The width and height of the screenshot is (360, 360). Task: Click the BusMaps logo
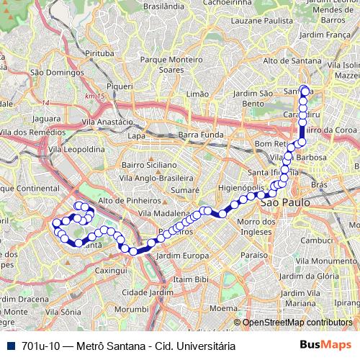coord(326,345)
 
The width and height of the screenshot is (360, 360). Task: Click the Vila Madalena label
coord(163,214)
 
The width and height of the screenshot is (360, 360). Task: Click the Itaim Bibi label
coord(192,279)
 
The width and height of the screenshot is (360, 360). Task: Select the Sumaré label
coord(184,190)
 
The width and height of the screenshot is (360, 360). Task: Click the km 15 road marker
coord(94,96)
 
